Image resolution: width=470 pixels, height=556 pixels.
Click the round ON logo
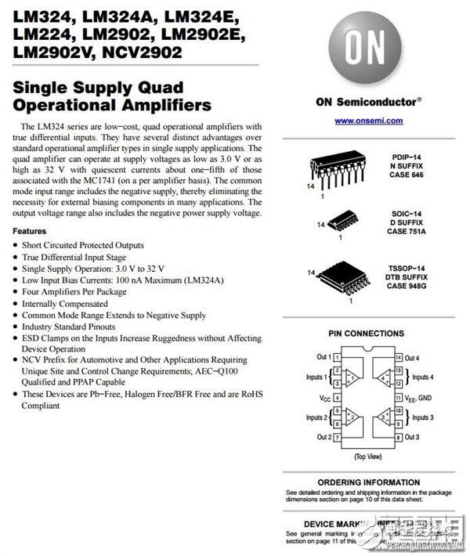point(367,49)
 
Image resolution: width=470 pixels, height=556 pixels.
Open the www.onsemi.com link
point(368,121)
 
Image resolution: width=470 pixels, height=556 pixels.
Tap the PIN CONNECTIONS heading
point(367,334)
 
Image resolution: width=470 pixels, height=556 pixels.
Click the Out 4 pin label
point(413,357)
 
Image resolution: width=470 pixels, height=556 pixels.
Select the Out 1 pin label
point(324,357)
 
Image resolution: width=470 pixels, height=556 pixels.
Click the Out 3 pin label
point(413,437)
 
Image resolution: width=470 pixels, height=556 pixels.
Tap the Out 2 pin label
point(324,437)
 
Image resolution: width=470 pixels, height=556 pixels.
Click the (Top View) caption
point(367,455)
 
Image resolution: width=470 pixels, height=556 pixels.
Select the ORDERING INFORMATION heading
point(367,482)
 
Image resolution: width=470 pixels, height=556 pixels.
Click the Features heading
point(30,232)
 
